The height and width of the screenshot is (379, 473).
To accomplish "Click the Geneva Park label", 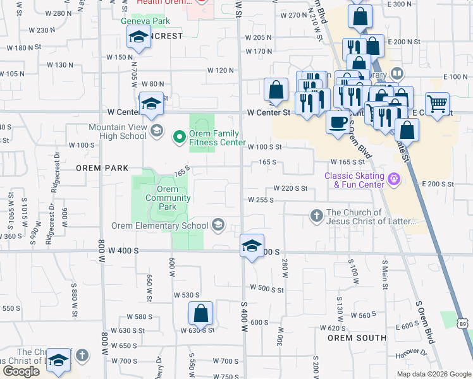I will tap(146, 20).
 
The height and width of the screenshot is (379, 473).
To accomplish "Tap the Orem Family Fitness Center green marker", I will tap(180, 136).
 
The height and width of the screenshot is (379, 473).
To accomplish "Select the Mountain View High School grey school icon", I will tap(157, 131).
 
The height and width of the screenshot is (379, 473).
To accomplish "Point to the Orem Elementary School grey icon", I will tap(218, 226).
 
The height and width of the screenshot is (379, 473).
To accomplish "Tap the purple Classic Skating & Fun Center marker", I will tap(395, 180).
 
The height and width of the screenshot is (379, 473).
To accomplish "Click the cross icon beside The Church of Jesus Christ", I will tap(316, 217).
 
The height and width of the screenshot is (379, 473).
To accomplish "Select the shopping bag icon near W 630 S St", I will tap(200, 313).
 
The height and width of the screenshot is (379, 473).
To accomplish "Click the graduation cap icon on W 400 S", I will tap(252, 246).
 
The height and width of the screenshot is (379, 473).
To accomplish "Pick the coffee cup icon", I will tap(338, 121).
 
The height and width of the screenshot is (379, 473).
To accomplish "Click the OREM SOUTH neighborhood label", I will tap(357, 338).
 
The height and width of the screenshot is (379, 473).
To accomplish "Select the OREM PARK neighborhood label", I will tap(102, 168).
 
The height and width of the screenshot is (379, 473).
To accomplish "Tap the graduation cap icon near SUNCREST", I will tap(138, 39).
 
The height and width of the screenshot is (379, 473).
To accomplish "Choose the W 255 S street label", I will tap(260, 200).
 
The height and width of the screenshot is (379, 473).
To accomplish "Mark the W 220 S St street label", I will tap(290, 188).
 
